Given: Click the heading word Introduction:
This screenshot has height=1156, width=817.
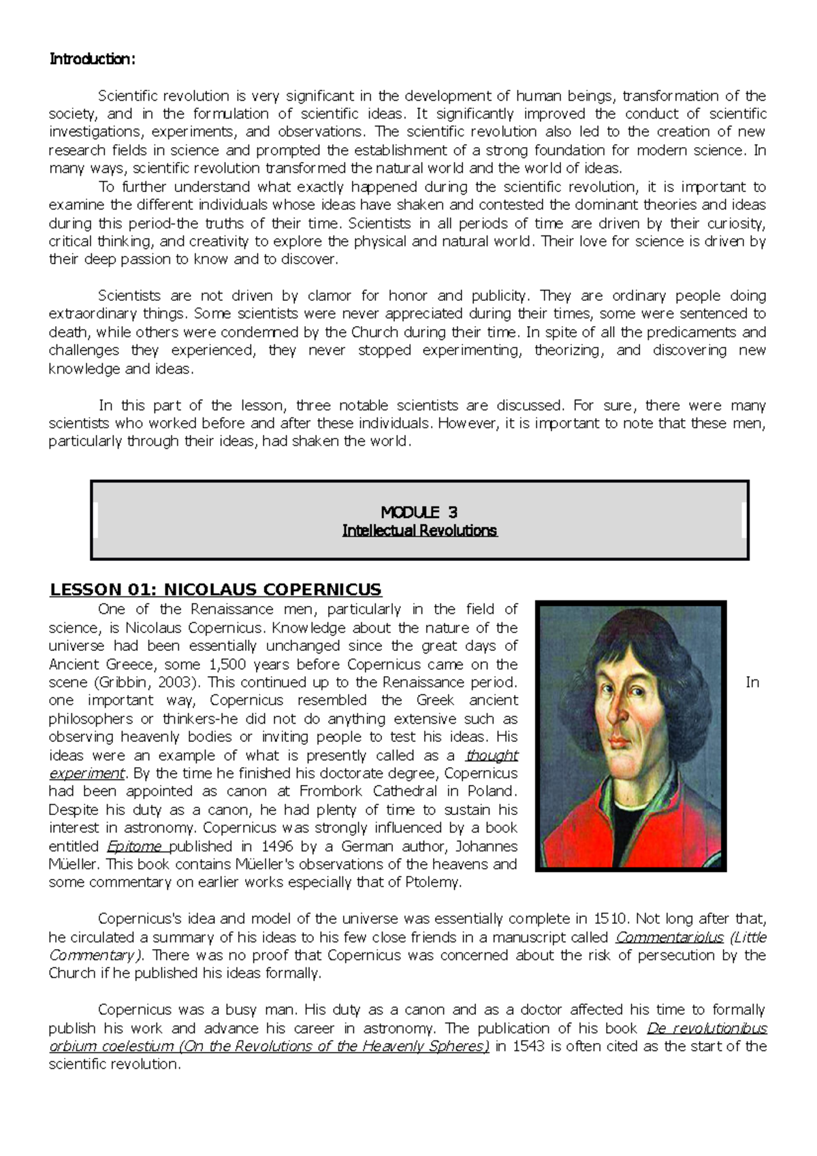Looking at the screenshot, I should pyautogui.click(x=93, y=59).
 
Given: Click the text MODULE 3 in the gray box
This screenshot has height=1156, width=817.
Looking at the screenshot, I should pyautogui.click(x=419, y=513).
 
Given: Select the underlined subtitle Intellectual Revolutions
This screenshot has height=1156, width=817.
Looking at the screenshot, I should pyautogui.click(x=419, y=530).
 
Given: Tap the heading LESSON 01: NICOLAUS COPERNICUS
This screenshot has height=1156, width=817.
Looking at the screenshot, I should pyautogui.click(x=215, y=590).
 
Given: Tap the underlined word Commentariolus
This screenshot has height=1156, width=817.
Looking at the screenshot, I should pyautogui.click(x=669, y=937).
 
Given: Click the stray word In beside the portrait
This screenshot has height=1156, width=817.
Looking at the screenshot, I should pyautogui.click(x=752, y=682).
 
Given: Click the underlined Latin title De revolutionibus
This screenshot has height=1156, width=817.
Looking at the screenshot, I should pyautogui.click(x=706, y=1028).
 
